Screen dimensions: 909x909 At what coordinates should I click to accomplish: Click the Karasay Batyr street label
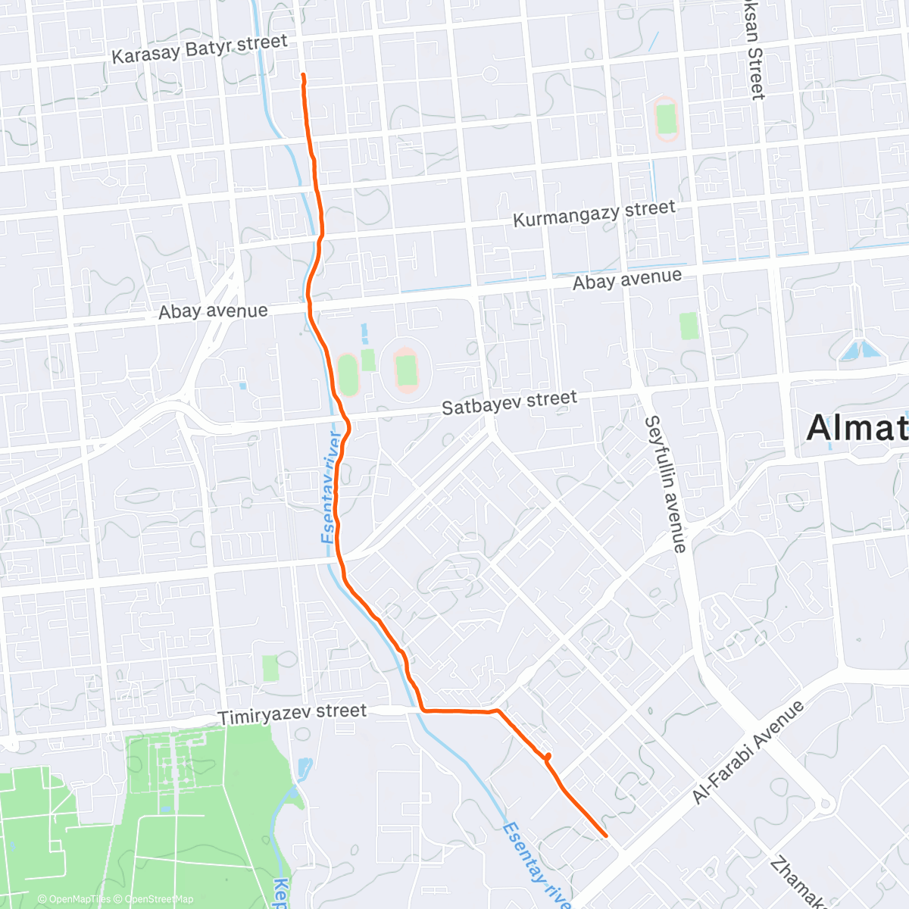click(199, 48)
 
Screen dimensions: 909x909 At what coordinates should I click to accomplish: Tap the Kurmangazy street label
click(594, 213)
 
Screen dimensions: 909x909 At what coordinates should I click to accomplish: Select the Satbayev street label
click(509, 402)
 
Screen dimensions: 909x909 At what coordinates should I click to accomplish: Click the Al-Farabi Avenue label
click(748, 752)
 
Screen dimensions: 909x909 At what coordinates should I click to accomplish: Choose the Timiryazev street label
click(292, 714)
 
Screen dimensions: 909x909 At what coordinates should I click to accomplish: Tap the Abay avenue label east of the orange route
click(627, 280)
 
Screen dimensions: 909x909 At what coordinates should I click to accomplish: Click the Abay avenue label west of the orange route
click(213, 311)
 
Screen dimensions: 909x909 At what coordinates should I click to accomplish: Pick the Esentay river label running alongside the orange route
click(330, 487)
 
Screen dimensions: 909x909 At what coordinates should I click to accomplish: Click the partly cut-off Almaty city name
click(857, 429)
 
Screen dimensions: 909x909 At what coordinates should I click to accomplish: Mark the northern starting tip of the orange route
click(303, 75)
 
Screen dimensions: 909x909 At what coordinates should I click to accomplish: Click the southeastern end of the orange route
click(606, 836)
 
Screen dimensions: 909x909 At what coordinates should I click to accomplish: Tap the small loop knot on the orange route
click(546, 756)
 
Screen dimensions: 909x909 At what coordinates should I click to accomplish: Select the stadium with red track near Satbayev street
click(407, 370)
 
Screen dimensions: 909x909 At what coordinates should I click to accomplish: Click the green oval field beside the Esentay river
click(347, 374)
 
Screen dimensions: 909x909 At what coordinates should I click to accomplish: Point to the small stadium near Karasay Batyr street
click(666, 119)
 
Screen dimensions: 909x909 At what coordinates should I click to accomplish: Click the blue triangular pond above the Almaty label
click(861, 350)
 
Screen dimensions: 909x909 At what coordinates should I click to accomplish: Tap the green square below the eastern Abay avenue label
click(689, 326)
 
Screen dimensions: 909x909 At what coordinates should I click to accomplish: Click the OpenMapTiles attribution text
click(76, 899)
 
